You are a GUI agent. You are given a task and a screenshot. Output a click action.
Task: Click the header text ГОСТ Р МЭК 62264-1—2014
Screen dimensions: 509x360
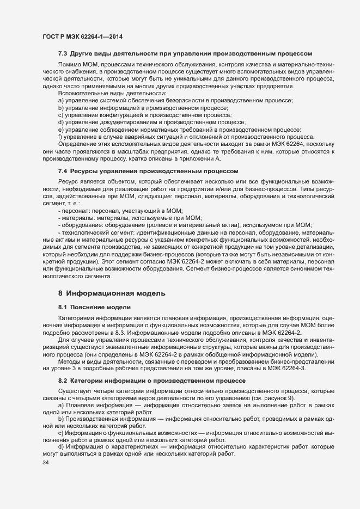pos(82,36)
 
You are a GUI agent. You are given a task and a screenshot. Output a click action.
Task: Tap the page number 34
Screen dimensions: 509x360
pos(46,463)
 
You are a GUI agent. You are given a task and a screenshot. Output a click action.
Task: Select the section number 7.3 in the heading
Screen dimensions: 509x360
pos(62,54)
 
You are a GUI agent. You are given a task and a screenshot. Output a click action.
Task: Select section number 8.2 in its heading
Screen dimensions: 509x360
pos(62,380)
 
